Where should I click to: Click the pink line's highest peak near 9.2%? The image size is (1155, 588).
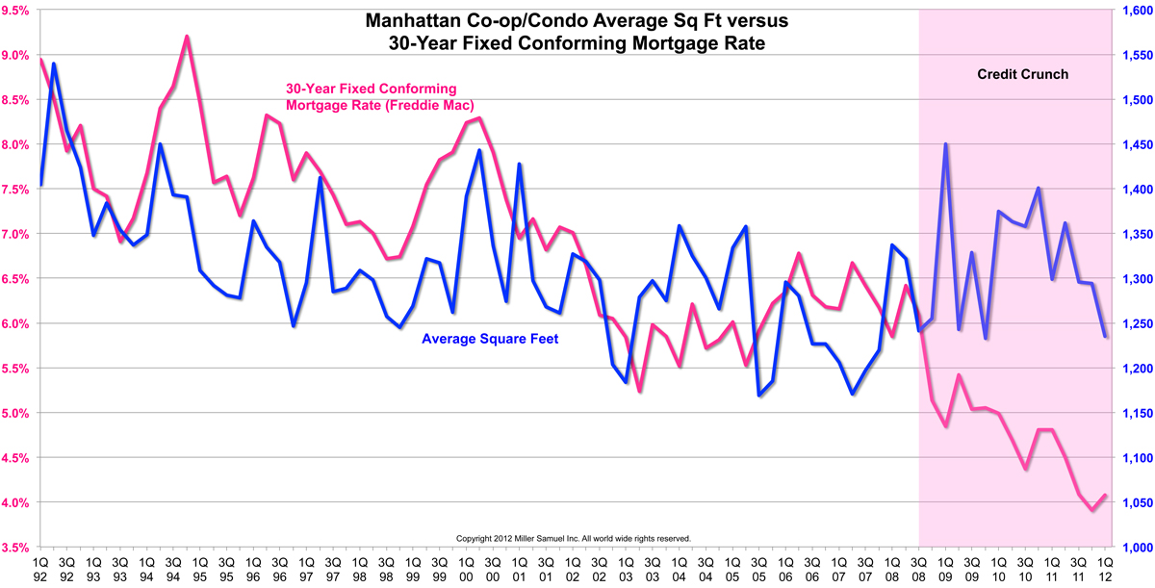[x=187, y=37]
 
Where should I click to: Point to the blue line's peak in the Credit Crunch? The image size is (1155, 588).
[x=946, y=144]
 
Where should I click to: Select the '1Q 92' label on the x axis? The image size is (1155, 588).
[x=40, y=567]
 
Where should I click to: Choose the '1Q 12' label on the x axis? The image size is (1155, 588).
[x=1106, y=567]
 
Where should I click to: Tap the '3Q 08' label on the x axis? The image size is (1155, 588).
[x=919, y=567]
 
